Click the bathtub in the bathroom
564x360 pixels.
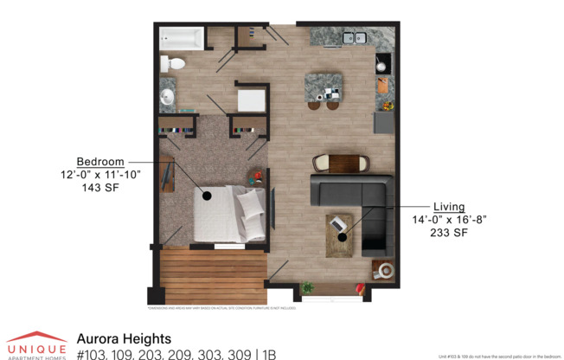[182, 39]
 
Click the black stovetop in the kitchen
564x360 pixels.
[383, 62]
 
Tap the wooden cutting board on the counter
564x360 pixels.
[383, 86]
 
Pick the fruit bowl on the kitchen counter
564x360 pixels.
[387, 106]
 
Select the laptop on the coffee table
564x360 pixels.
[337, 225]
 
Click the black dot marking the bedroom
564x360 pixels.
[207, 196]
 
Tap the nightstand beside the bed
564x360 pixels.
[256, 179]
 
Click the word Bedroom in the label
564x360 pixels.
[99, 162]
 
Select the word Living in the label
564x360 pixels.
[449, 208]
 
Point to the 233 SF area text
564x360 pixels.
[449, 233]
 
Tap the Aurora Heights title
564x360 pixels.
[124, 338]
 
